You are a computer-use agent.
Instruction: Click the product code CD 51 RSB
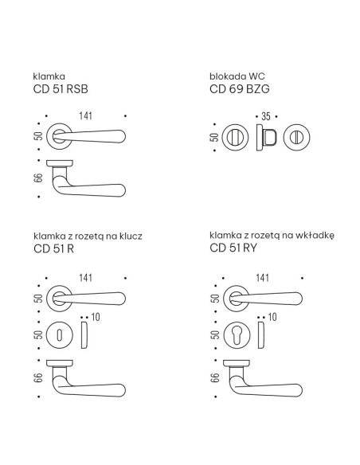point(61,89)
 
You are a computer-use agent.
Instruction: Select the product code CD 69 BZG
point(239,89)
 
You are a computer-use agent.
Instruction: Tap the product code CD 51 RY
point(233,248)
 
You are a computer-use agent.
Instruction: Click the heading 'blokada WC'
point(237,76)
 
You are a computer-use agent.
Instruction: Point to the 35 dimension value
point(266,116)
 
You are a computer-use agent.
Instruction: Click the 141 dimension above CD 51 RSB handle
point(85,115)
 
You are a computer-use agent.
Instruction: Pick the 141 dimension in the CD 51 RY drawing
point(263,278)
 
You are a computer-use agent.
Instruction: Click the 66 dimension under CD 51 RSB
point(38,178)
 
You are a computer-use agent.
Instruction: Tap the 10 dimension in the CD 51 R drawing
point(96,317)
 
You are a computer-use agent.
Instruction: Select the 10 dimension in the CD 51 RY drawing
point(272,317)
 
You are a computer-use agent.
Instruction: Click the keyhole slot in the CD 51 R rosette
point(60,335)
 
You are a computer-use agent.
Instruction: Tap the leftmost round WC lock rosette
point(235,137)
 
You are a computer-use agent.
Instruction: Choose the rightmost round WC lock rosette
point(296,137)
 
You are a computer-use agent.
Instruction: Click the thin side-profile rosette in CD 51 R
point(84,335)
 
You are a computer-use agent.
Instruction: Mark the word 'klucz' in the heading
point(131,236)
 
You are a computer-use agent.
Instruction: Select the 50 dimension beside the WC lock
point(214,137)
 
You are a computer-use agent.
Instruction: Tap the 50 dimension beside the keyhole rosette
point(38,335)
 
